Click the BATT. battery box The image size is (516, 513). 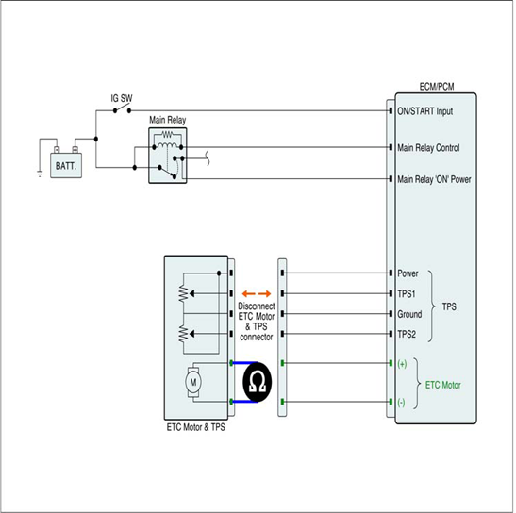click(66, 166)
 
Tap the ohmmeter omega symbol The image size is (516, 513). click(257, 382)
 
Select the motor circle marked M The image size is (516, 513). click(193, 382)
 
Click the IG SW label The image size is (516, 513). click(122, 98)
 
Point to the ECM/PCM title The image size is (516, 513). click(437, 87)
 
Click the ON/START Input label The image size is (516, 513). click(424, 111)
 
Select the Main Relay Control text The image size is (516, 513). click(428, 148)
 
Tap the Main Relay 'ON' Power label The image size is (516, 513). click(434, 179)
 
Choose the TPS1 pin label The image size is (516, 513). click(406, 293)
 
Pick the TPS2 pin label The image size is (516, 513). click(407, 335)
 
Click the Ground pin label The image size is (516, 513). click(409, 314)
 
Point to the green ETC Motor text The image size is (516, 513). click(442, 385)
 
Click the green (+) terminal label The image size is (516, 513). click(402, 364)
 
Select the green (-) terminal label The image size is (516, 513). click(401, 403)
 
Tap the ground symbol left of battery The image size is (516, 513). click(40, 174)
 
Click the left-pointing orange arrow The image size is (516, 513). click(248, 293)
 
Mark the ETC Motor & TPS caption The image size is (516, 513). click(196, 427)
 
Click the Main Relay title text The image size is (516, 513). click(168, 120)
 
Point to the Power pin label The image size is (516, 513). click(408, 273)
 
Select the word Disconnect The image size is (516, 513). click(257, 306)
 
